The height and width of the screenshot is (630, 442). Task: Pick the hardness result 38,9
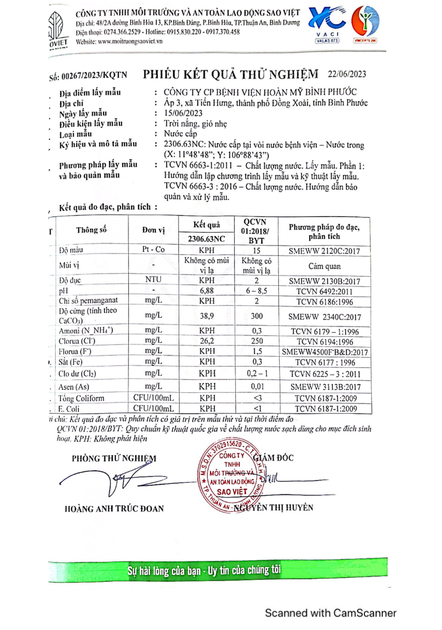tap(207, 317)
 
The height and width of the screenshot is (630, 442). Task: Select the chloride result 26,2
tap(207, 341)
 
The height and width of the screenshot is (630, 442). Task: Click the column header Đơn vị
tap(153, 230)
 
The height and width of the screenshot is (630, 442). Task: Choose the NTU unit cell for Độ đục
tap(153, 279)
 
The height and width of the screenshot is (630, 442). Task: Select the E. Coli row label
tap(69, 408)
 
